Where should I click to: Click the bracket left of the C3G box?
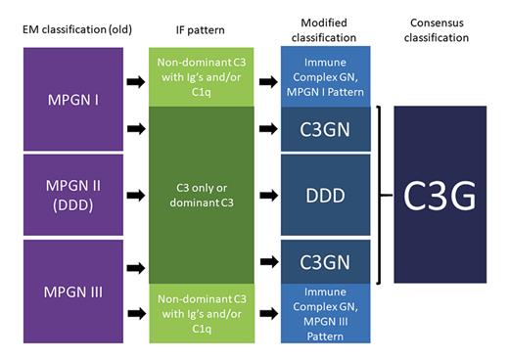[x=380, y=194]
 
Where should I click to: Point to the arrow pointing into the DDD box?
[x=266, y=195]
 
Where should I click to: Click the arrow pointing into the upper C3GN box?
[x=266, y=127]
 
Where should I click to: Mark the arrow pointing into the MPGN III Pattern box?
[x=266, y=314]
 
